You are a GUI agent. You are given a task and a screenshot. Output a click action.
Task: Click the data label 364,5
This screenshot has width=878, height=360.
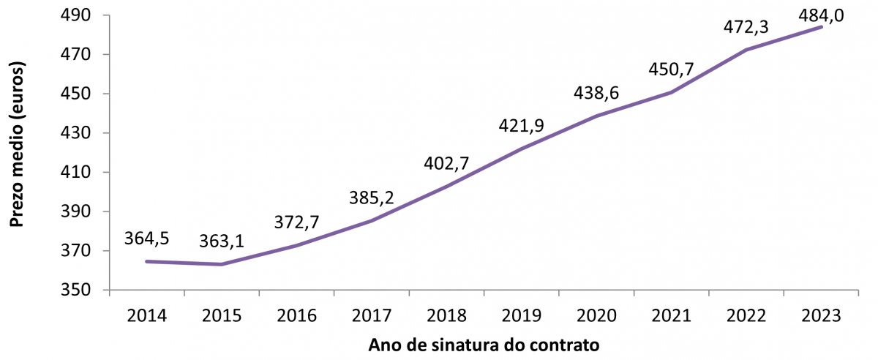147,239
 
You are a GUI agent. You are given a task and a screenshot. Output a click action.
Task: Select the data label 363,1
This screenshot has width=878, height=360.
222,241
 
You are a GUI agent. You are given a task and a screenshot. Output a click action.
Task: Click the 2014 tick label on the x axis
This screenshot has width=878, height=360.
147,316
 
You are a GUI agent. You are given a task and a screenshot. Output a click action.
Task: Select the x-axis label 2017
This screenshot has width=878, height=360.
372,316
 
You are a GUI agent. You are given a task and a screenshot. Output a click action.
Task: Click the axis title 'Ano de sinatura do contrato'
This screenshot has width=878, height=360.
484,345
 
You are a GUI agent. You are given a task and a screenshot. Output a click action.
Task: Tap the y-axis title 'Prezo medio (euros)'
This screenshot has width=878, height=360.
17,146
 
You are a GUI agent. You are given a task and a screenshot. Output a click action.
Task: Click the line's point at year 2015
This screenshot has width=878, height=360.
222,264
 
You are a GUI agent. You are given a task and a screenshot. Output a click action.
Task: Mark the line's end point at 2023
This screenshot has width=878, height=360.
822,27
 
